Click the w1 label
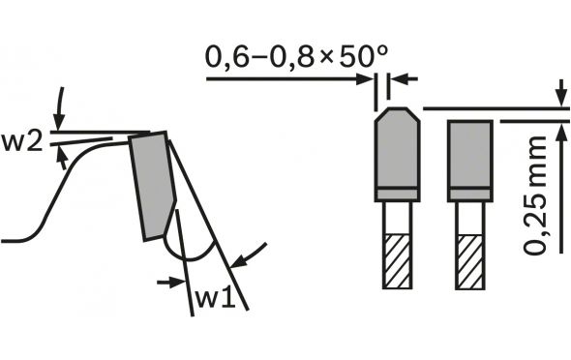pyautogui.click(x=215, y=299)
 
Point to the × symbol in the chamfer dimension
pyautogui.click(x=326, y=58)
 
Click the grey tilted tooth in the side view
pyautogui.click(x=153, y=186)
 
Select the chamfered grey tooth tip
pyautogui.click(x=398, y=154)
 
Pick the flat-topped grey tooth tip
pyautogui.click(x=470, y=161)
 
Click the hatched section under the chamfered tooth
pyautogui.click(x=398, y=261)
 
